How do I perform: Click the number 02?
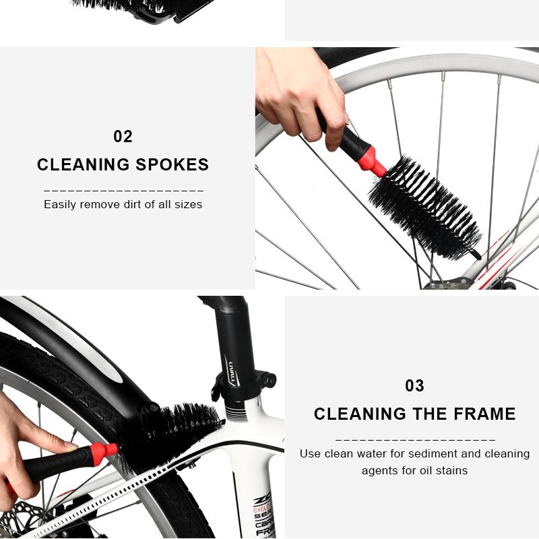123,137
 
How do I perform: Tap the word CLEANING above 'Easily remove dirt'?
83,165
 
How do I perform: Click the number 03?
414,386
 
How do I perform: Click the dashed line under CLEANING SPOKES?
123,191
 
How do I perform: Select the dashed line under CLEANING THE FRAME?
414,439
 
